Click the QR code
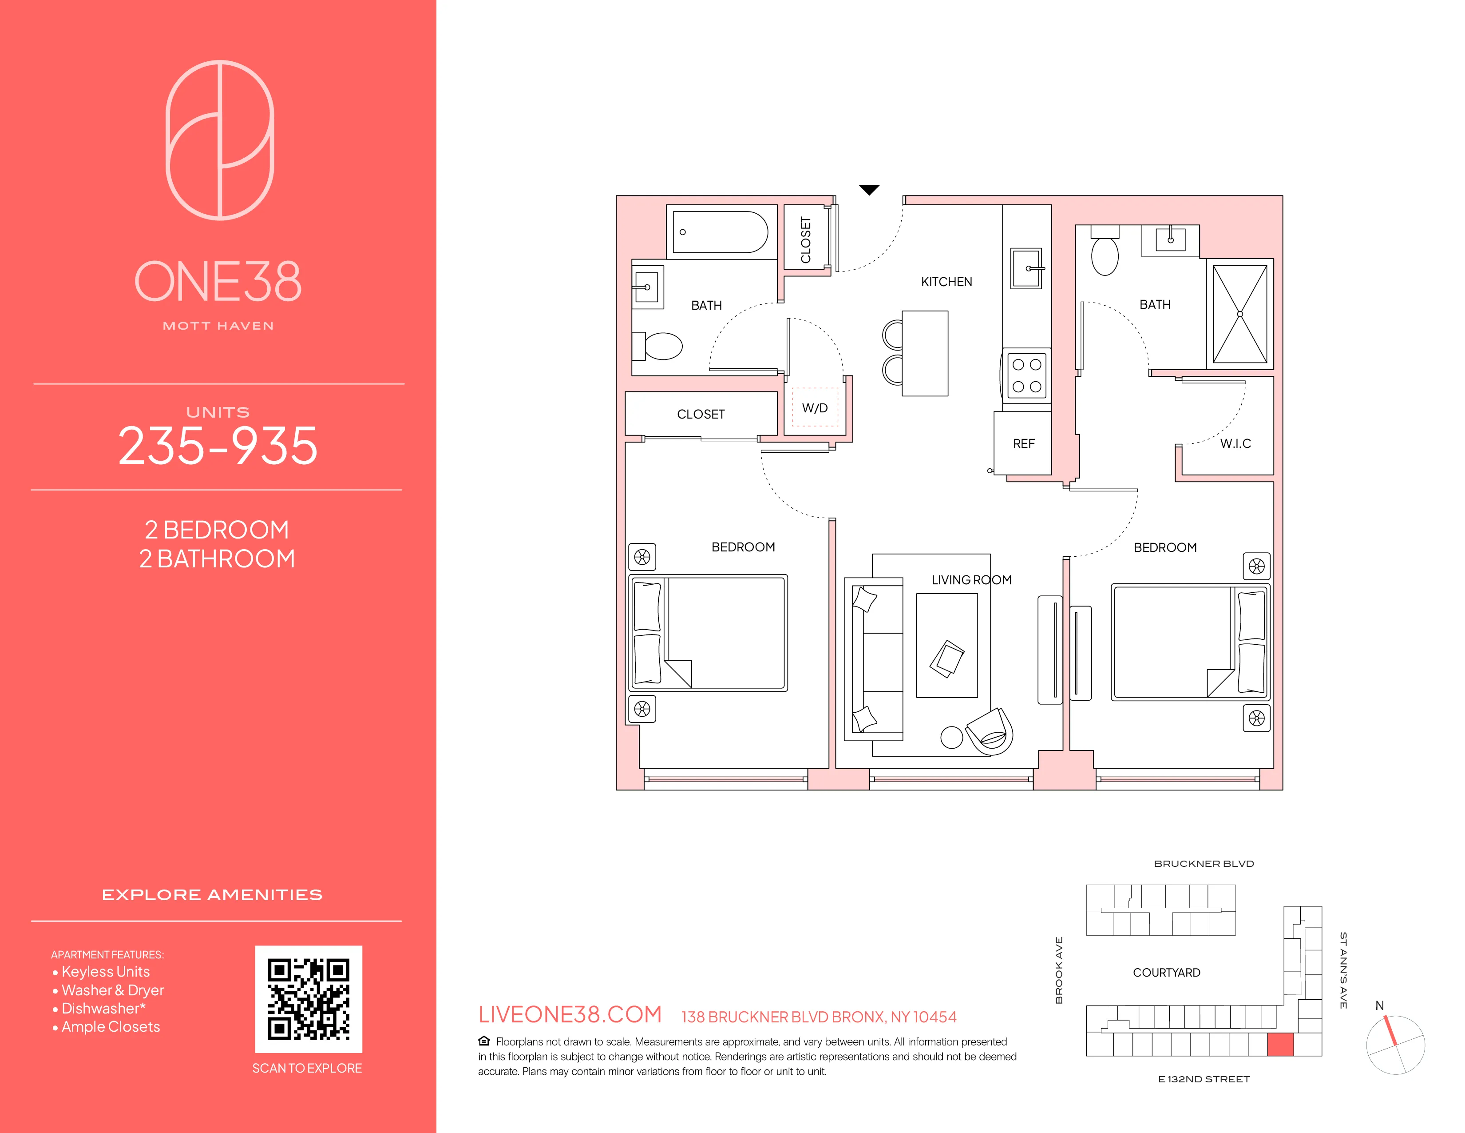tap(309, 999)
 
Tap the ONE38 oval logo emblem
tap(220, 140)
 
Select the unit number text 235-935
tap(218, 446)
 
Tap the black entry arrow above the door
tap(869, 190)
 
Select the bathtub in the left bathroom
tap(720, 232)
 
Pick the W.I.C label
tap(1235, 444)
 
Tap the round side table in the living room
tap(951, 738)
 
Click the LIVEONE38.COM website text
tap(570, 1014)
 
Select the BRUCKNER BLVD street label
tap(1204, 864)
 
